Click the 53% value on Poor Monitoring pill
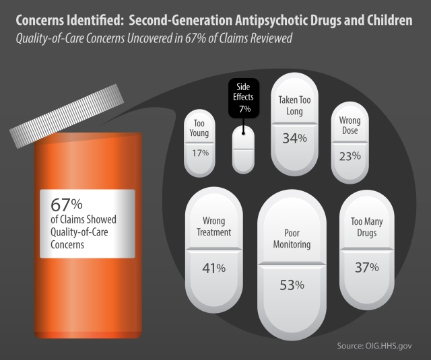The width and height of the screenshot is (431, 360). pos(292,285)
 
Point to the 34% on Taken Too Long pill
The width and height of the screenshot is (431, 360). pos(294,138)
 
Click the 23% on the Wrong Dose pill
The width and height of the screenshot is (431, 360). pos(351,155)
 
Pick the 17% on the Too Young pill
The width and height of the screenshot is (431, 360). pos(200,153)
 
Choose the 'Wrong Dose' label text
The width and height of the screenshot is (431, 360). pos(351,126)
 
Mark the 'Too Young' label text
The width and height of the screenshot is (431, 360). pos(200,129)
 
